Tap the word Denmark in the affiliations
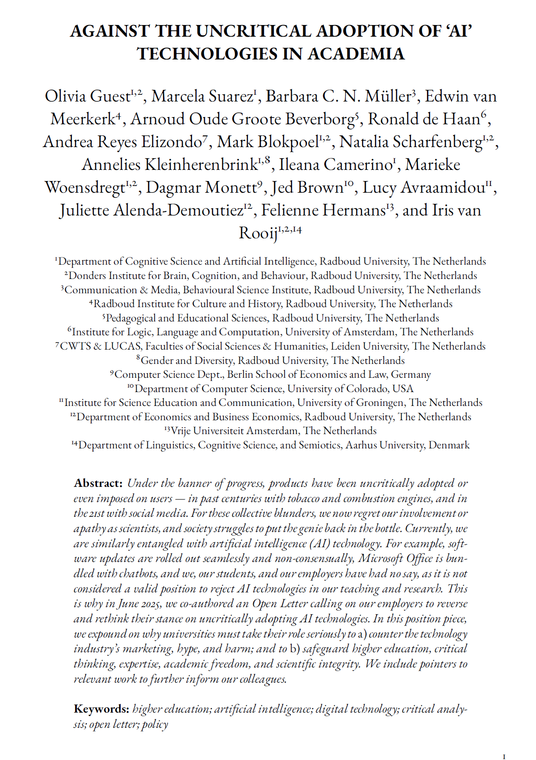tap(449, 445)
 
